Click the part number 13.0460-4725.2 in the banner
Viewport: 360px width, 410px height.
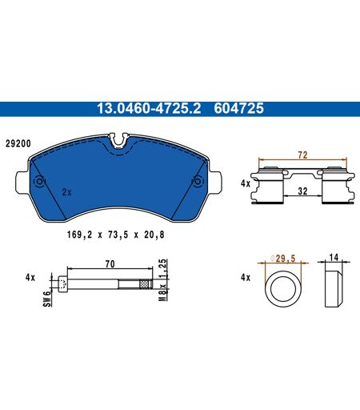click(x=149, y=108)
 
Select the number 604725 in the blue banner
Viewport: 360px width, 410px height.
click(x=238, y=108)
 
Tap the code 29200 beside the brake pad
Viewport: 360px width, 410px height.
click(x=18, y=144)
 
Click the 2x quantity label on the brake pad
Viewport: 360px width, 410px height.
click(x=66, y=192)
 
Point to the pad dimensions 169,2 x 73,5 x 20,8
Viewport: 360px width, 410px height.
click(x=116, y=235)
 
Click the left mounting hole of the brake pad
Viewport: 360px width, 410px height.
click(x=39, y=182)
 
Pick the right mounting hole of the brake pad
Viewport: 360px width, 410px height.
click(x=198, y=182)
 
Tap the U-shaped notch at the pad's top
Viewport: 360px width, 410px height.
click(x=119, y=141)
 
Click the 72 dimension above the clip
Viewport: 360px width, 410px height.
click(x=302, y=155)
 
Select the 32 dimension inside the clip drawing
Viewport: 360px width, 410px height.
click(x=302, y=191)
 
